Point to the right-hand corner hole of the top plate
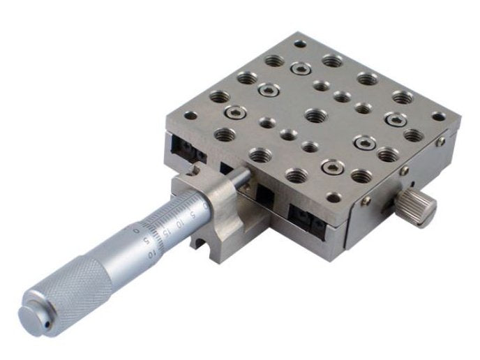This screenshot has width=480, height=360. (437, 116)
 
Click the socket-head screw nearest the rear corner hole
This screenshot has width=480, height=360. (302, 68)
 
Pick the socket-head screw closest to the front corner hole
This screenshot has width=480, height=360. (333, 167)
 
